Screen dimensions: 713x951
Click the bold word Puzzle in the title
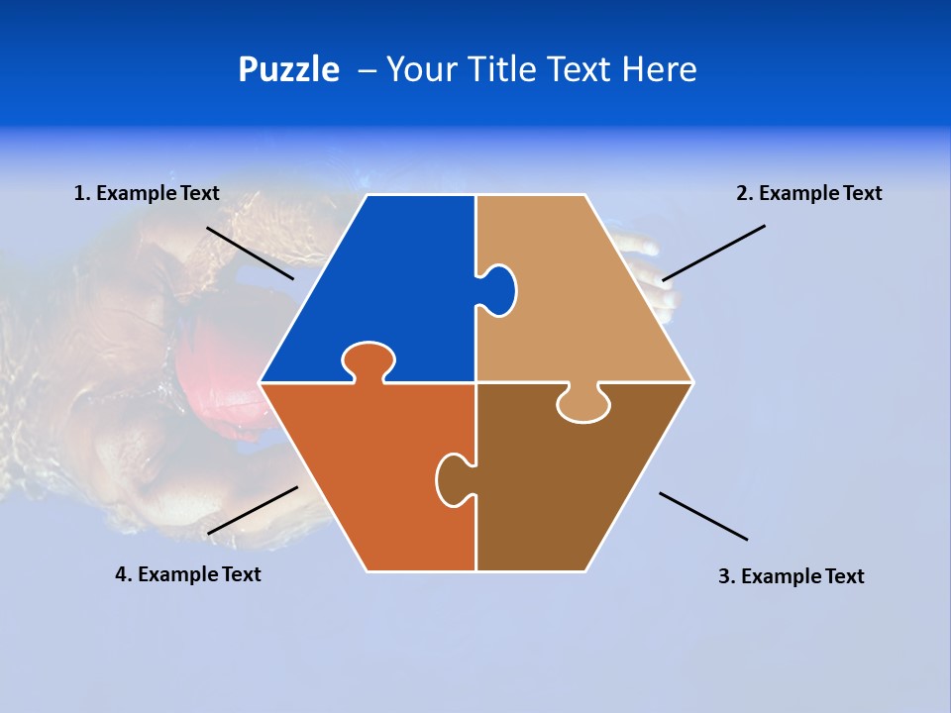(x=288, y=70)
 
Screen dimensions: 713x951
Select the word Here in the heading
(x=659, y=70)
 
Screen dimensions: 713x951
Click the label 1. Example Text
(x=147, y=194)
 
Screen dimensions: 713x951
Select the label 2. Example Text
(x=808, y=194)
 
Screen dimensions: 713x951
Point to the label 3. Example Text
(x=791, y=576)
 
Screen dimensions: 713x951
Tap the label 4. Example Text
(x=188, y=574)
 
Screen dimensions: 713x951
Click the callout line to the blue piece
(x=250, y=254)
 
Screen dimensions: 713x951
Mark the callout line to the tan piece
(x=713, y=253)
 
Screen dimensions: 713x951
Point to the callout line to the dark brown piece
(x=703, y=516)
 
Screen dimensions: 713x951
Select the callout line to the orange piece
(x=253, y=510)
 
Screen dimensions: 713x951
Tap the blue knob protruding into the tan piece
(x=498, y=290)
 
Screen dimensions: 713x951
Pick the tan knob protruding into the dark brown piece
(x=583, y=405)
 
